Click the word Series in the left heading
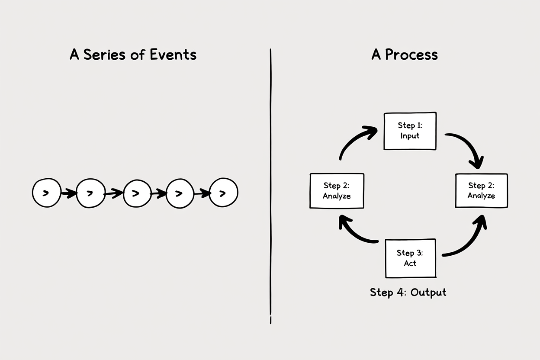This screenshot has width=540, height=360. pos(104,54)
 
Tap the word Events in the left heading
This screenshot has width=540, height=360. pos(173,54)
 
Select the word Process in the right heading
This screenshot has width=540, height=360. pos(411,54)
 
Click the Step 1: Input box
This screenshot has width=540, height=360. pos(410,131)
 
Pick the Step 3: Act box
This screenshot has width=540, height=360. pos(411,258)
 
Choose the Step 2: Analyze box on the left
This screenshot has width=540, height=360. pos(337,191)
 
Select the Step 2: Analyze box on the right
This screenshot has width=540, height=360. pos(482,190)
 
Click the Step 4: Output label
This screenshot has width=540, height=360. pos(408,292)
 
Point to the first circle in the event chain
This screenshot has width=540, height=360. pos(47,193)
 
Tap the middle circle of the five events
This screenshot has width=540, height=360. pos(138,193)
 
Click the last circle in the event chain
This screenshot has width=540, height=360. pos(223,193)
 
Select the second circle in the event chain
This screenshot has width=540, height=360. pos(91,193)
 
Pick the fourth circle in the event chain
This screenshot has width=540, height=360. pos(180,193)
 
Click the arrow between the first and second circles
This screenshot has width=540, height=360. pos(69,193)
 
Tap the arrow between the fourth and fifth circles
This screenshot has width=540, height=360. pos(202,193)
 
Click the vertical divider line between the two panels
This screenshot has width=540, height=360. pos(270,186)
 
